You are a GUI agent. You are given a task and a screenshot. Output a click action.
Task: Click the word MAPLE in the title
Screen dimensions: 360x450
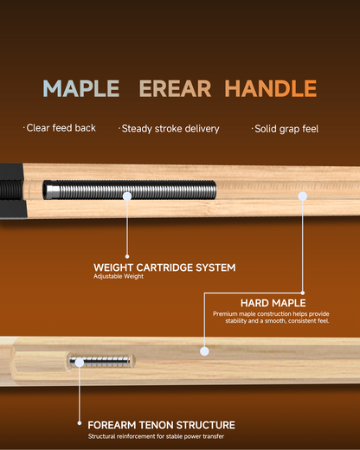click(x=81, y=88)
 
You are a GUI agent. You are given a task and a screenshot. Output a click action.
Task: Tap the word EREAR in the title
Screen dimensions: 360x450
click(x=175, y=88)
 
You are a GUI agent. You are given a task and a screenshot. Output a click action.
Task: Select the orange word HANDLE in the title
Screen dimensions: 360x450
click(x=271, y=88)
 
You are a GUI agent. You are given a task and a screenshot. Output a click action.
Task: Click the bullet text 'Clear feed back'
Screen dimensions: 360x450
click(x=61, y=128)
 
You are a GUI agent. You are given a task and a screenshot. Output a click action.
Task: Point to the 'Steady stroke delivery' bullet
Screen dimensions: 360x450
click(x=170, y=129)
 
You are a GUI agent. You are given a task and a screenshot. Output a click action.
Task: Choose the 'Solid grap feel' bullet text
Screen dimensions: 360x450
click(x=286, y=129)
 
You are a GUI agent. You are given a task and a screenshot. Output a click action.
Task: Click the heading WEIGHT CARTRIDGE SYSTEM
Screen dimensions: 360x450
click(x=164, y=267)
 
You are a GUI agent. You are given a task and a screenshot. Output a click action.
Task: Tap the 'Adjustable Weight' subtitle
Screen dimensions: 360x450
click(x=119, y=276)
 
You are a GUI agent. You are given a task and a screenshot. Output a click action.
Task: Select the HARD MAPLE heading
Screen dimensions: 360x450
click(x=273, y=303)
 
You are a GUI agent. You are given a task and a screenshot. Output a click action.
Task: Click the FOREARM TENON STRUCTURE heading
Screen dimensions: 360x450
click(x=161, y=425)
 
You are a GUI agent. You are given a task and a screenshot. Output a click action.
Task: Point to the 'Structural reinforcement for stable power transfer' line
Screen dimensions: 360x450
click(x=156, y=436)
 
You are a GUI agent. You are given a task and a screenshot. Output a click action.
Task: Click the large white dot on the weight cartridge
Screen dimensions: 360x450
click(x=127, y=196)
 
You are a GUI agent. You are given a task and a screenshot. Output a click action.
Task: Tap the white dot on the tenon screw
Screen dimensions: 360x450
click(x=79, y=363)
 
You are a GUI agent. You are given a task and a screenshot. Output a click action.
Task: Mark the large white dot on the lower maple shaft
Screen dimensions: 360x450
click(x=204, y=351)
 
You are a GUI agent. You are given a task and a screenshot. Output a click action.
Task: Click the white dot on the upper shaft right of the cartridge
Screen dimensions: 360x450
click(x=303, y=196)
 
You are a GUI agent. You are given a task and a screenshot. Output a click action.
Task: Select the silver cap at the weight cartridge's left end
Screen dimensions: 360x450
click(x=51, y=190)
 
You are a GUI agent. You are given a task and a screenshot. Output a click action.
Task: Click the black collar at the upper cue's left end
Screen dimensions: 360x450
click(x=12, y=191)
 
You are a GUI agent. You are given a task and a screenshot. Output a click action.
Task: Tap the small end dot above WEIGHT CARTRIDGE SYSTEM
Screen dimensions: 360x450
click(x=127, y=256)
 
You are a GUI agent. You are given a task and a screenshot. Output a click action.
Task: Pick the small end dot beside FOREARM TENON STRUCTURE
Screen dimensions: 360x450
click(x=80, y=423)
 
